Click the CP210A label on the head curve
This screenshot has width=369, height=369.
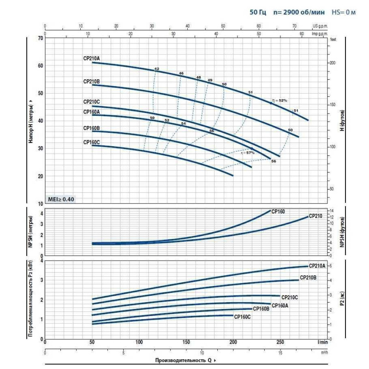(91, 58)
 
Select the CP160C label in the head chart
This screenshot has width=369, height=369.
(91, 142)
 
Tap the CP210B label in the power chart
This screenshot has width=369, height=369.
(308, 278)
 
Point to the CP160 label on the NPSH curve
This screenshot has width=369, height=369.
(278, 212)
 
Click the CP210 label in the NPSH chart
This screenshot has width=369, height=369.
(315, 216)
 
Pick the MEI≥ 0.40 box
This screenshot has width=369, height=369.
(61, 199)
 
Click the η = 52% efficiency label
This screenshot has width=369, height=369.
(280, 100)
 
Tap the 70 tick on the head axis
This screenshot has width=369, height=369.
(40, 38)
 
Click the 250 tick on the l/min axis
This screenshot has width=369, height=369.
(280, 342)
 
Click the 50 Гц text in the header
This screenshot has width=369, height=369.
(258, 12)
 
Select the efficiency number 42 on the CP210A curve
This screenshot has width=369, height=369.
(156, 69)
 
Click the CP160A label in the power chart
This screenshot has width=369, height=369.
(280, 305)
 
